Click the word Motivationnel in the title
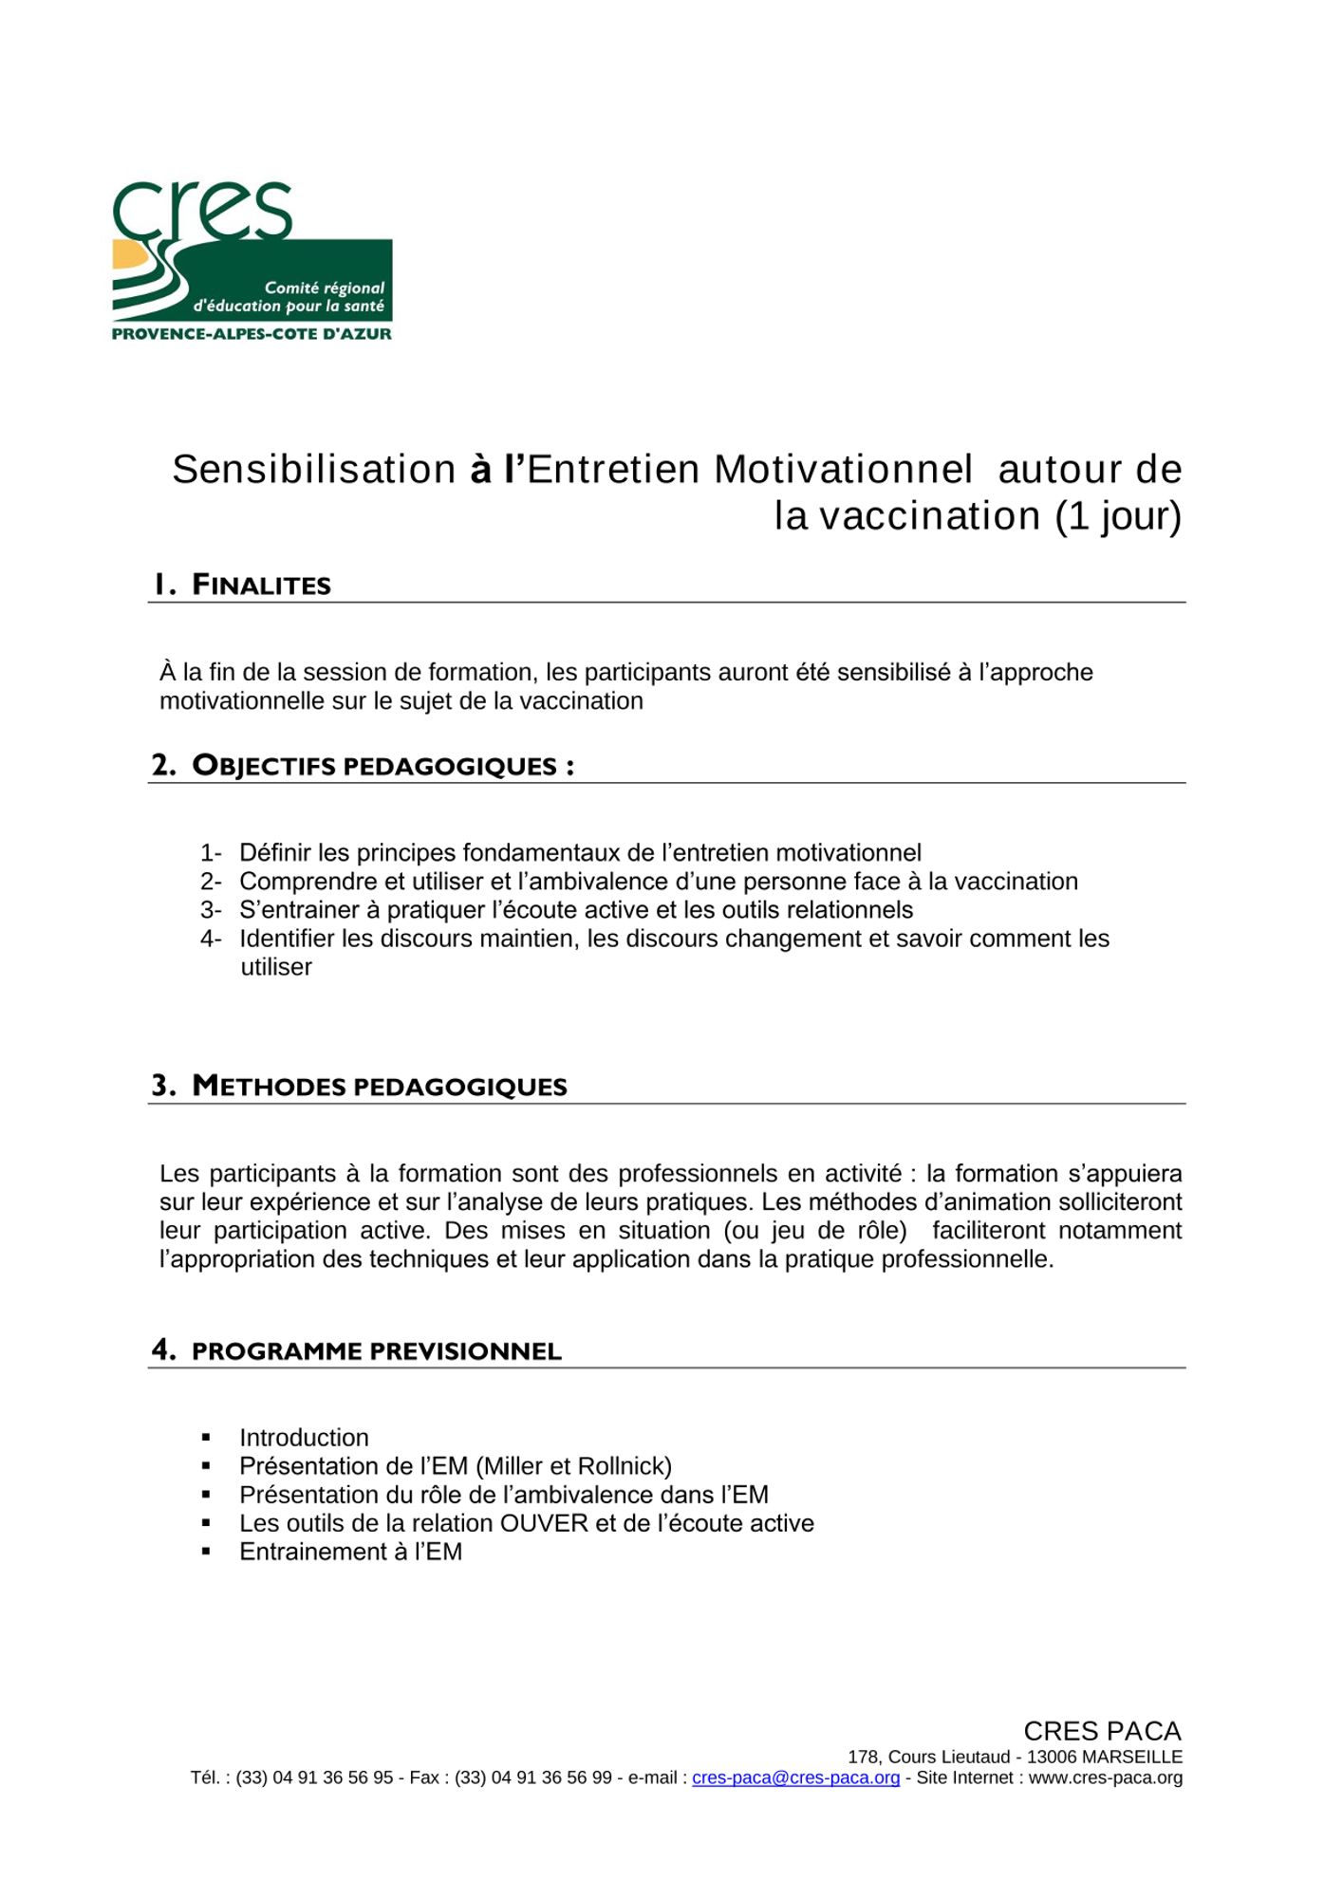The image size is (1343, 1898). (843, 470)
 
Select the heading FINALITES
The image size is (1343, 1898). (261, 585)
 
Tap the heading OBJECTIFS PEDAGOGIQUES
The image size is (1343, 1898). (375, 766)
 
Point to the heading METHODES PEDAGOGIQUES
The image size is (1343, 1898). (379, 1087)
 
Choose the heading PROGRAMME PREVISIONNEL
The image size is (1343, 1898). (376, 1351)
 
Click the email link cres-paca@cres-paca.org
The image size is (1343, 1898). (795, 1777)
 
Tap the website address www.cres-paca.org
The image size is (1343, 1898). (1105, 1777)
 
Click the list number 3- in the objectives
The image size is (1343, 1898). (210, 910)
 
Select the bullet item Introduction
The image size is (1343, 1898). (304, 1438)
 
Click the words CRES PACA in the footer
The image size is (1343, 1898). (1101, 1731)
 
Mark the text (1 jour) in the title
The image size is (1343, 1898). (1118, 516)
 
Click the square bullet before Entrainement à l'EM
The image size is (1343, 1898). (206, 1553)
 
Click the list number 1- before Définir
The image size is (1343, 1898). (210, 853)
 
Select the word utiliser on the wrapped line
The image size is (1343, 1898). (276, 967)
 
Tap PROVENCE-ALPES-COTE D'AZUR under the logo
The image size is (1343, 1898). (252, 334)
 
